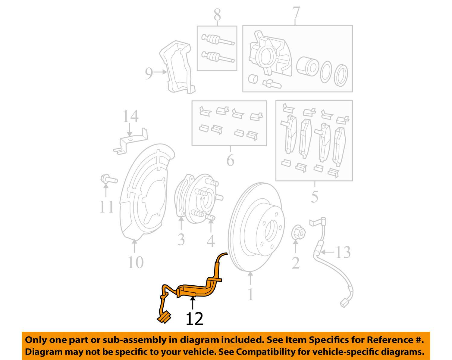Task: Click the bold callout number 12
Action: [x=194, y=319]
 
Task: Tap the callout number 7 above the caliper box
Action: [x=296, y=13]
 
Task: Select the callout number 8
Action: [x=217, y=15]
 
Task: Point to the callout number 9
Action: [x=149, y=73]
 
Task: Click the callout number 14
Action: [x=130, y=116]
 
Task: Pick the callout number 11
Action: [x=106, y=207]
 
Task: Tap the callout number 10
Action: [x=135, y=262]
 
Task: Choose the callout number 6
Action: [x=230, y=160]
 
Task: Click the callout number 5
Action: [x=314, y=197]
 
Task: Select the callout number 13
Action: [x=343, y=252]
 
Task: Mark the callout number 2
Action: [x=296, y=263]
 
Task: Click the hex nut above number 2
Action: [x=298, y=232]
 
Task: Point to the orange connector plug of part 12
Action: [x=164, y=318]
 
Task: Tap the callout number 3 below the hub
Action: [x=181, y=240]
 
